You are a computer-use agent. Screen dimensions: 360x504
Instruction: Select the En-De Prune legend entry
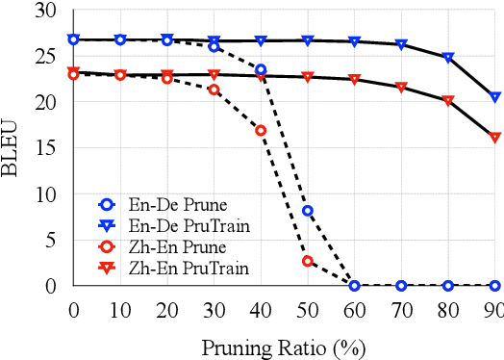(160, 204)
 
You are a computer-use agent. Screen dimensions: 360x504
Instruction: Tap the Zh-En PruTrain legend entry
(169, 268)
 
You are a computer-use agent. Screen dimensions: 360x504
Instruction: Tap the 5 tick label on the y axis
(49, 240)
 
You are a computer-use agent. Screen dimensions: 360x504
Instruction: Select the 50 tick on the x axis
(307, 310)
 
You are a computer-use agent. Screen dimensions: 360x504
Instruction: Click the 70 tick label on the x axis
(401, 310)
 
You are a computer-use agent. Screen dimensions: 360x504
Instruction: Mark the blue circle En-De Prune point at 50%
(307, 211)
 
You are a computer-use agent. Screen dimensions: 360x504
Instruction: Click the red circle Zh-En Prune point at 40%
(261, 130)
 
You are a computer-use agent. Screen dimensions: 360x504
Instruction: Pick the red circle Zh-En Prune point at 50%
(307, 261)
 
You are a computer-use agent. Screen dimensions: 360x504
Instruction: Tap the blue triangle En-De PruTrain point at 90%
(494, 97)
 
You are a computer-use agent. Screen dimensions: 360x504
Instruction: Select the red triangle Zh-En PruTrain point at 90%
(494, 138)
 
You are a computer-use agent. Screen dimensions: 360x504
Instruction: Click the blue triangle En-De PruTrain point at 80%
(448, 58)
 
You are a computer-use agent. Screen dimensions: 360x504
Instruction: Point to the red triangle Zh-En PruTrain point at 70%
(401, 88)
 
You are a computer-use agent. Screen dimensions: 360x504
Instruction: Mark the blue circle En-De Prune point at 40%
(261, 69)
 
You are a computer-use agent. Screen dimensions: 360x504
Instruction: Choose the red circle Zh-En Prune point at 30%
(214, 90)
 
